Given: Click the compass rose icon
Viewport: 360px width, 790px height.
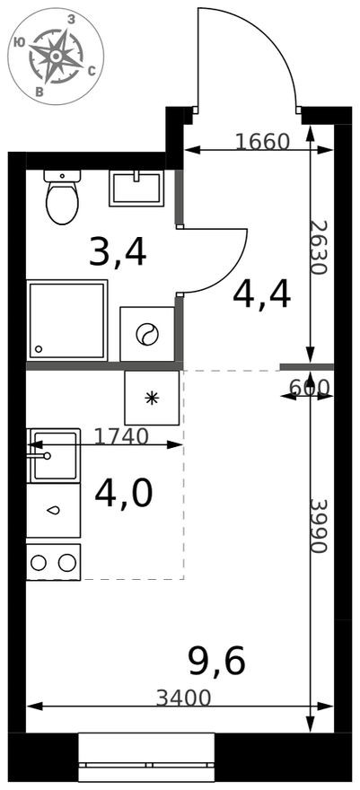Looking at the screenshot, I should click(56, 56).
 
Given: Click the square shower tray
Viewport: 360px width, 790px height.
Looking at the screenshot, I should click(66, 320).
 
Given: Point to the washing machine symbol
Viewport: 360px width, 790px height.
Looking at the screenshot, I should click(147, 335).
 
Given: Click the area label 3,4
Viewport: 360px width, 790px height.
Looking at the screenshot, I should click(117, 254).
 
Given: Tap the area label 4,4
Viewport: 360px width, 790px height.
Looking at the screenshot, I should click(261, 294).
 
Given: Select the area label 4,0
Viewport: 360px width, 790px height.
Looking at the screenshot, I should click(123, 493).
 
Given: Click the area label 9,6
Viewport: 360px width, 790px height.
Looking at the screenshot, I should click(215, 662).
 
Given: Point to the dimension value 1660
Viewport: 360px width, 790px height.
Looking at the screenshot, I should click(261, 141).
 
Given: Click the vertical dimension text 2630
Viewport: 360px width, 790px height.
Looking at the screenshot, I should click(321, 247).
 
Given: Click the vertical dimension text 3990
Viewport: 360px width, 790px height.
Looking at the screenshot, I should click(321, 524).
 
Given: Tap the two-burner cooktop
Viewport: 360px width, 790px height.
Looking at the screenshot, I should click(53, 562).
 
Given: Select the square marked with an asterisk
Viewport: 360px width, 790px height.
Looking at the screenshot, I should click(152, 397).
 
